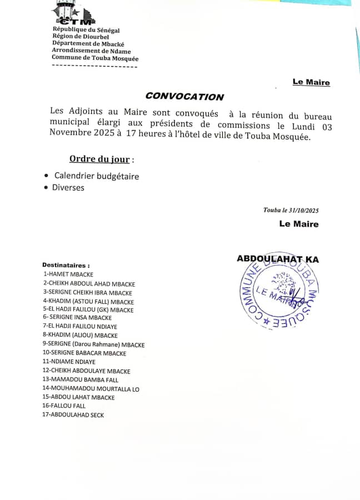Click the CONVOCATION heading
click(x=184, y=97)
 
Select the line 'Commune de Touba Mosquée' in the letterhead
click(x=95, y=58)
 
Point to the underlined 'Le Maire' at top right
click(x=311, y=82)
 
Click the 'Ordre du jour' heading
click(x=99, y=159)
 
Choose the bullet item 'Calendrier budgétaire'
click(x=96, y=176)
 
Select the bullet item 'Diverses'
click(x=68, y=188)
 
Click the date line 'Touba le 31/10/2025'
click(x=291, y=210)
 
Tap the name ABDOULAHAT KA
click(x=278, y=259)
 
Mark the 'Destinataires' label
click(x=66, y=266)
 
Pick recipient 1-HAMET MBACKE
click(x=68, y=274)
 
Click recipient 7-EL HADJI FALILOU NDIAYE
click(x=80, y=326)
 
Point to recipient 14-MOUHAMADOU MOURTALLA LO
click(x=91, y=388)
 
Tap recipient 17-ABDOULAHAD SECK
click(x=73, y=414)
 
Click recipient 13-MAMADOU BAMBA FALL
click(x=81, y=379)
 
